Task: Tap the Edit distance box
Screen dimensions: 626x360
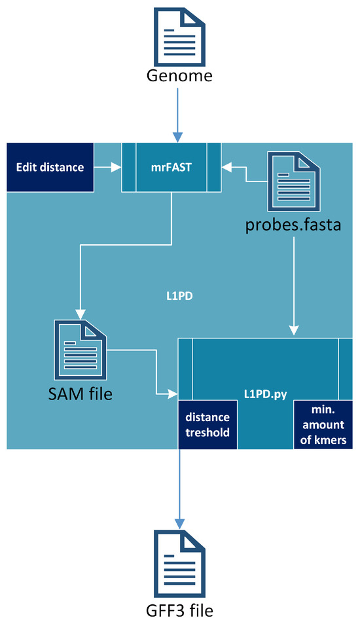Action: coord(50,167)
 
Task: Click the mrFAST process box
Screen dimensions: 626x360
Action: coord(171,168)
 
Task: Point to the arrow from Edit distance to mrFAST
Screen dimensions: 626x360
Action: coord(108,168)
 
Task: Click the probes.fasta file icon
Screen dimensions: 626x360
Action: coord(290,181)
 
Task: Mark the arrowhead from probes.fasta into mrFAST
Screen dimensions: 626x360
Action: coord(226,168)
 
